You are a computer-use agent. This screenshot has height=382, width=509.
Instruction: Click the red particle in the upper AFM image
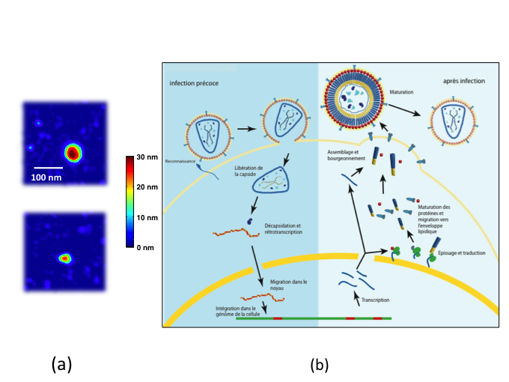(73, 152)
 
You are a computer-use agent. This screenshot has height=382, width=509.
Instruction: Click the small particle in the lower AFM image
(65, 258)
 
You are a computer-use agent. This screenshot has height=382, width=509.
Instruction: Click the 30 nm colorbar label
(148, 159)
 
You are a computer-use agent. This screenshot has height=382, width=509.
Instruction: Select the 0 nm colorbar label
(146, 246)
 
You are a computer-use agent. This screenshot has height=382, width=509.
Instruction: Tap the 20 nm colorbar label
(148, 187)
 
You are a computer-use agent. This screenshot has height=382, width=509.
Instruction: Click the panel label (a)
(61, 365)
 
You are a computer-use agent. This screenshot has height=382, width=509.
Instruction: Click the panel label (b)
(320, 365)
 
